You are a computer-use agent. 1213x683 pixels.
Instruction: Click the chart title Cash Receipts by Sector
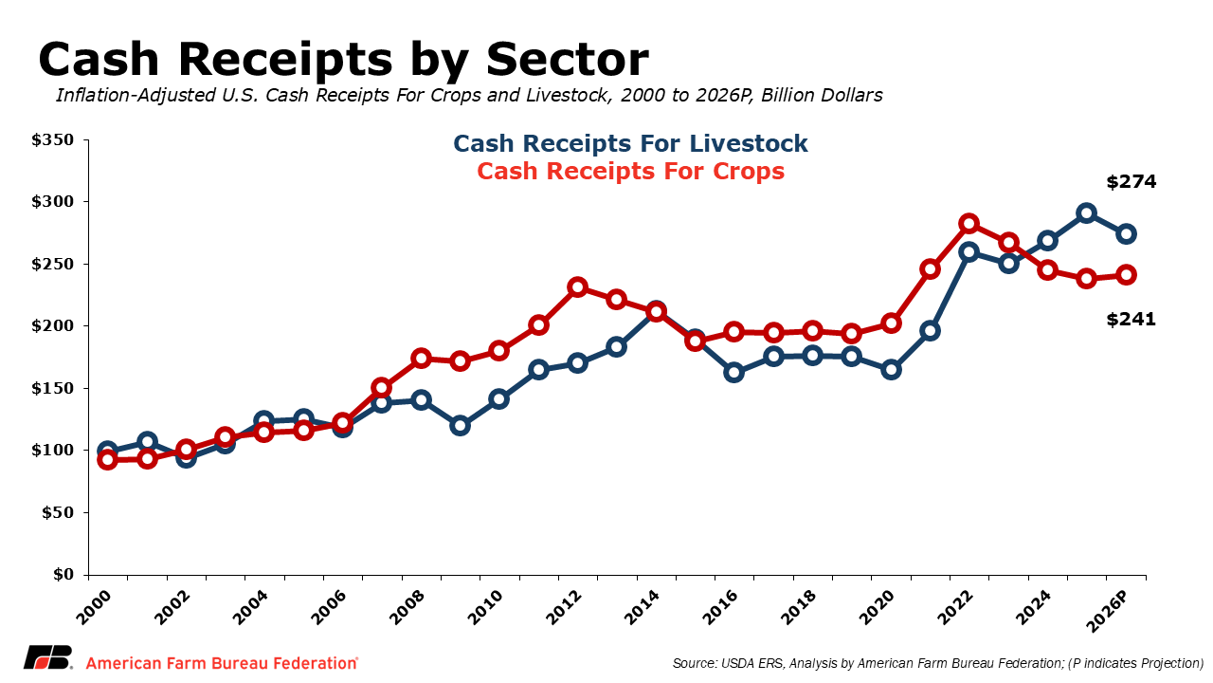point(343,60)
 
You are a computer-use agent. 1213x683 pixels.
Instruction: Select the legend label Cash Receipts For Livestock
point(630,143)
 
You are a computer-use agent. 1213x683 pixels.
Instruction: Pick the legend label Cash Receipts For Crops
point(630,172)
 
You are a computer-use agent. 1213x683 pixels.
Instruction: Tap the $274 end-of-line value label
point(1131,182)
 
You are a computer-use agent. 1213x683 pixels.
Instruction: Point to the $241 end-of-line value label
point(1131,320)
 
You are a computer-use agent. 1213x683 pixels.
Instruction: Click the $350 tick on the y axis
point(52,140)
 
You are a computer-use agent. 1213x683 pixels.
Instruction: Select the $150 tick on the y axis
point(52,388)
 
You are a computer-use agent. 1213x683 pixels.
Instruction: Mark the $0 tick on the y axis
point(63,575)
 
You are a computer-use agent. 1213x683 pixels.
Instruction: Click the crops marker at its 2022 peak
point(969,224)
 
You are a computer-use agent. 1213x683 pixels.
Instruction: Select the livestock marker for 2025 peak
point(1087,213)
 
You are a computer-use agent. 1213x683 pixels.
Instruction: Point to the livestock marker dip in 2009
point(461,425)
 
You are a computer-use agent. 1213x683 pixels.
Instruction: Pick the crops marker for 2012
point(578,286)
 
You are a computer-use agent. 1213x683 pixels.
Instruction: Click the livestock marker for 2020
point(891,370)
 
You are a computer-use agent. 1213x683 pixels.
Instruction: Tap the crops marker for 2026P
point(1127,275)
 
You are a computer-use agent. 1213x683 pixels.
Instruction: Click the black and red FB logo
point(48,658)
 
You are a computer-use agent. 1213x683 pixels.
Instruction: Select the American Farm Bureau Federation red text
point(222,663)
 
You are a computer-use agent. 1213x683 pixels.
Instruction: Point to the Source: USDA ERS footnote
point(937,663)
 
